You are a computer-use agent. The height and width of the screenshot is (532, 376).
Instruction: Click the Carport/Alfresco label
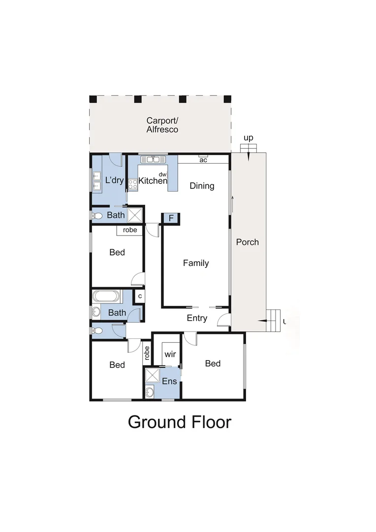click(162, 125)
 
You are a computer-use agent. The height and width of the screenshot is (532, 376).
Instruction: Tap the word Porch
click(247, 242)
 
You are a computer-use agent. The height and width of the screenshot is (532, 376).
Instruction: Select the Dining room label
click(202, 186)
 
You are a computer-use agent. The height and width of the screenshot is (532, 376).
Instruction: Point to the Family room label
click(196, 263)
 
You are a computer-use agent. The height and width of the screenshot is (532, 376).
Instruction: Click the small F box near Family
click(171, 218)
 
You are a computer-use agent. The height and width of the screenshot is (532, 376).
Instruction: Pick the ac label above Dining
click(202, 160)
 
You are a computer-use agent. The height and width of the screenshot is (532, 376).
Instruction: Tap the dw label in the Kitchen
click(162, 174)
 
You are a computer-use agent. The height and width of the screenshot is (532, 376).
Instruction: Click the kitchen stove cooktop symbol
click(133, 184)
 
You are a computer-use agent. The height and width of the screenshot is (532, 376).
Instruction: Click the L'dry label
click(115, 180)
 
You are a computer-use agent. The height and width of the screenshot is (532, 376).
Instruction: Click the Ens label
click(169, 381)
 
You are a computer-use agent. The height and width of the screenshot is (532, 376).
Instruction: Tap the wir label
click(170, 355)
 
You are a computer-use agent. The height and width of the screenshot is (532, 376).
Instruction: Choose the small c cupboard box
click(140, 296)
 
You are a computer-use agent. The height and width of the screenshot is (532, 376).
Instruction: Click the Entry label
click(197, 318)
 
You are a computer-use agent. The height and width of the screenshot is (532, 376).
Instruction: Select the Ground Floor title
click(179, 422)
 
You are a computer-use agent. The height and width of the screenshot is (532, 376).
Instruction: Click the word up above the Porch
click(249, 138)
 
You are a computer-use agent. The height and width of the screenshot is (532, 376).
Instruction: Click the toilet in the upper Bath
click(97, 216)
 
